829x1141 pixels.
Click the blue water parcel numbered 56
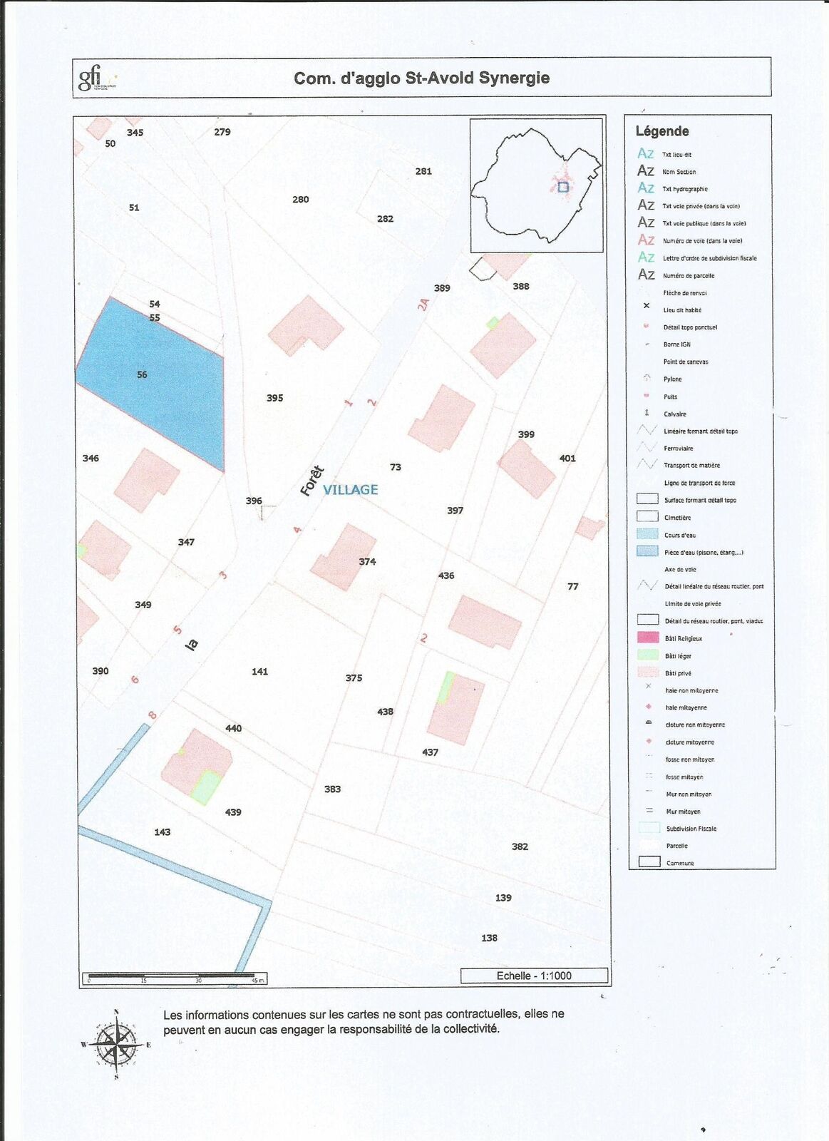point(153,385)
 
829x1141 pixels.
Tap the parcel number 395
point(274,398)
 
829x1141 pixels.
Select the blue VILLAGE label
point(350,489)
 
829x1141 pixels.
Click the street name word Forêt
point(312,481)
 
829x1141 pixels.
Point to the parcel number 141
point(259,671)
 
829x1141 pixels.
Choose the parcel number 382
point(520,846)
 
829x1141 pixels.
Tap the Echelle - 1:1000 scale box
point(534,976)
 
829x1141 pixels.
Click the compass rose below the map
point(116,1045)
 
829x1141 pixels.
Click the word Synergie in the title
point(514,78)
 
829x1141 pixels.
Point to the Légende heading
point(661,131)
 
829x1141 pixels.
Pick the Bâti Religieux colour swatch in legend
point(647,638)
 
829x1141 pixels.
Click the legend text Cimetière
point(677,518)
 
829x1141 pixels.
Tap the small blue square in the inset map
point(563,187)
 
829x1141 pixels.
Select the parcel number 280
point(300,200)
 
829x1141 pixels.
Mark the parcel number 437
point(430,752)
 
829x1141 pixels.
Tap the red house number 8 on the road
point(152,715)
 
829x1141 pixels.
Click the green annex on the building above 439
point(206,787)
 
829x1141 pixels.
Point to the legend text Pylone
point(672,379)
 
